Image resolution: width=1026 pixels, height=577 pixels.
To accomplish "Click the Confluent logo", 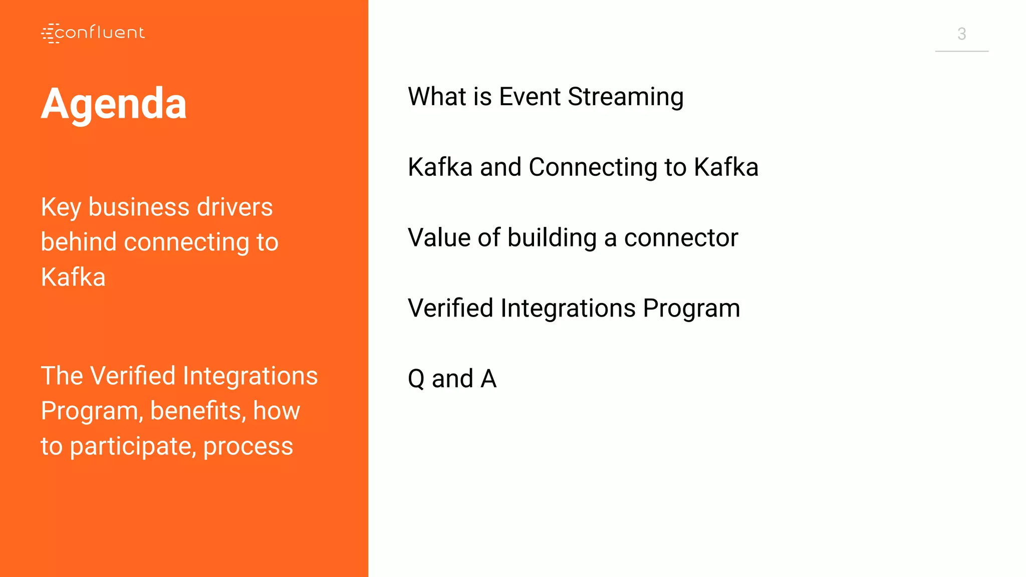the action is (x=93, y=33).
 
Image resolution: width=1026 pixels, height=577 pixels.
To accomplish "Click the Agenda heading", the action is (x=114, y=104).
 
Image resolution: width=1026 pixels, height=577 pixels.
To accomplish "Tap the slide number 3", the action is (x=961, y=34).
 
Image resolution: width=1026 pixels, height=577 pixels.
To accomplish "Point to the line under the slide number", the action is (x=961, y=51).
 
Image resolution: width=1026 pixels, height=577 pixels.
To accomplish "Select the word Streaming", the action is (x=626, y=97).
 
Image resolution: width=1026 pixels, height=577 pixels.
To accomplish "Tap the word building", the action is (x=552, y=238).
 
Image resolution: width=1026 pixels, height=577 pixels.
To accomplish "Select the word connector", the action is (x=681, y=238).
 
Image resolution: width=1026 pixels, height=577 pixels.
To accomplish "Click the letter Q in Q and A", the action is (x=416, y=379).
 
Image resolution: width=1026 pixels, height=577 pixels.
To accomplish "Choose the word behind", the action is (x=79, y=242).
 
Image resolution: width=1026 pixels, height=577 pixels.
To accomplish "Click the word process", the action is (x=248, y=447).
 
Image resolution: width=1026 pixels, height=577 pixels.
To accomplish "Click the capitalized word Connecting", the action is (x=593, y=168).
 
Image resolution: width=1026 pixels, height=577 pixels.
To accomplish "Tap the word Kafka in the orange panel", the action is (x=73, y=277).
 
